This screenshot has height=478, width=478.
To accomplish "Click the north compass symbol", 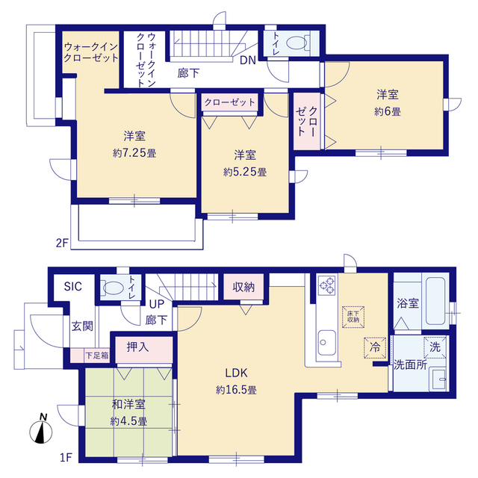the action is click(41, 430).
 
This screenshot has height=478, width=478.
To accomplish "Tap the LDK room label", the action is click(236, 373).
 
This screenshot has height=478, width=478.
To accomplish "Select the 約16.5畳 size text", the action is click(236, 390).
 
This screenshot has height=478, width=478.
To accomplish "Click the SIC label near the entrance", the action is click(73, 287).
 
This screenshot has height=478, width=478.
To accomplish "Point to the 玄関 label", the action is click(82, 326).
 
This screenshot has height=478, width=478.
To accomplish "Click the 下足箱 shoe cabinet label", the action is click(96, 356).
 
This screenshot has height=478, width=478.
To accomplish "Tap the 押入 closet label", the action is click(137, 347).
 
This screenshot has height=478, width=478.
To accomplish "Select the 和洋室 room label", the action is click(128, 405).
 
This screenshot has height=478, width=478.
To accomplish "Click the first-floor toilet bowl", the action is click(114, 288).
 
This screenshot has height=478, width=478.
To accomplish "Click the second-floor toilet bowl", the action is click(297, 43).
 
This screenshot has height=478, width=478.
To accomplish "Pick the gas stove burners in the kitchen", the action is click(327, 285).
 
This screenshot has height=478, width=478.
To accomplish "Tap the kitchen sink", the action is click(327, 342).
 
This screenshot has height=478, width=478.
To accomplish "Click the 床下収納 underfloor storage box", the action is click(353, 317).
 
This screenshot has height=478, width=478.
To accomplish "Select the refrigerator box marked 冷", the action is click(375, 347).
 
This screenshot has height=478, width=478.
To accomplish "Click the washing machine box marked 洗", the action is click(435, 347).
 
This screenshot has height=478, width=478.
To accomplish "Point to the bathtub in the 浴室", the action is click(435, 300).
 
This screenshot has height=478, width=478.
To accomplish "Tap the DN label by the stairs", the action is click(248, 60).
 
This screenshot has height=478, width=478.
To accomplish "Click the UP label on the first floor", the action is click(157, 304).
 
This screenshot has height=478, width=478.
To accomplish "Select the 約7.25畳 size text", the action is click(134, 152).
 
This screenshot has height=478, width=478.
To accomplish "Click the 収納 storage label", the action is click(243, 287).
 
